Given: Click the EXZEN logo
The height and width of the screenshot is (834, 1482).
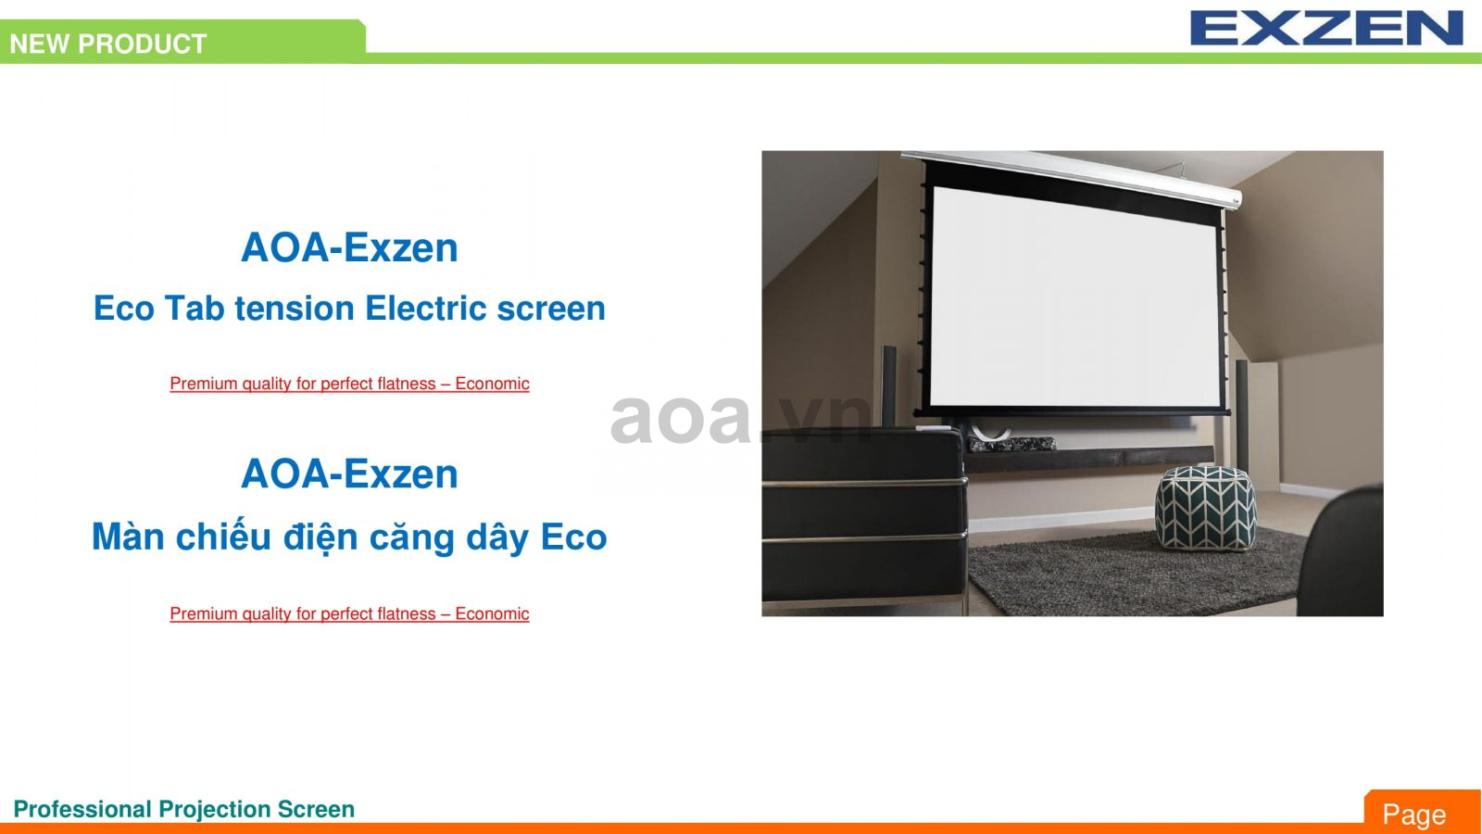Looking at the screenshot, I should tap(1325, 28).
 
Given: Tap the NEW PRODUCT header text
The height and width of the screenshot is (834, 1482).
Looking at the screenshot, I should tap(108, 44).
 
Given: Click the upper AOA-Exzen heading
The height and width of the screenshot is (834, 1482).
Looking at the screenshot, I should tap(349, 247).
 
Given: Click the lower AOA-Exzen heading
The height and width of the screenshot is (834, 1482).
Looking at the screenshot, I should tap(349, 474).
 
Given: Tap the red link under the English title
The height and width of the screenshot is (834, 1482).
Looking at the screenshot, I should tap(349, 384).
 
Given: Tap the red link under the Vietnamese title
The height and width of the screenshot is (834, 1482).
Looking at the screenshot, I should tap(349, 613).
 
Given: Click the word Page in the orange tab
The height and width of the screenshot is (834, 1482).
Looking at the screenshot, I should tap(1413, 815).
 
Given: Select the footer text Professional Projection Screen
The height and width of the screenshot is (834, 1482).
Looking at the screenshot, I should tap(184, 809).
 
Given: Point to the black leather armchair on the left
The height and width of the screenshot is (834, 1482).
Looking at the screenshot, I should tap(861, 519).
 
